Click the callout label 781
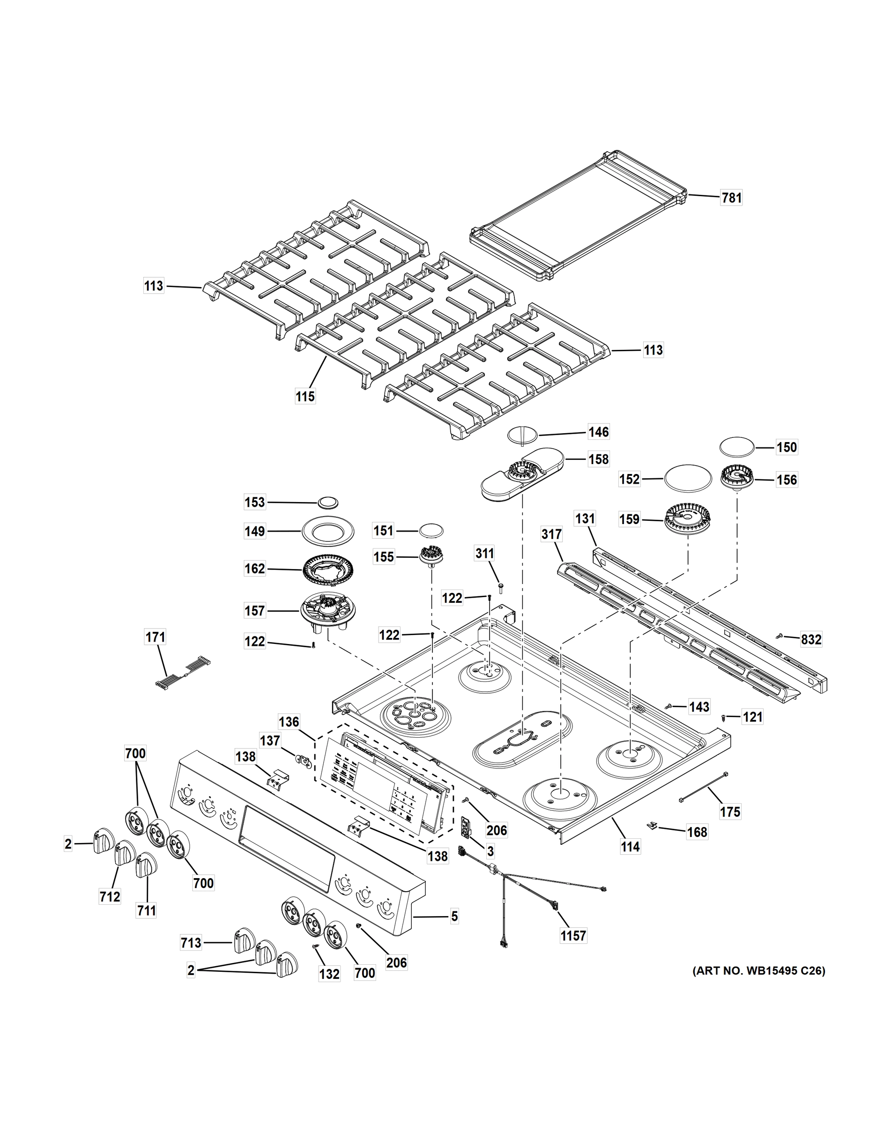point(731,198)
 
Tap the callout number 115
point(305,396)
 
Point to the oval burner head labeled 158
point(521,473)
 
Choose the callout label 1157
point(573,935)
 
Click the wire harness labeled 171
point(183,672)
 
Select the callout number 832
point(811,639)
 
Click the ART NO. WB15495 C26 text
point(758,971)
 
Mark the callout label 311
point(484,553)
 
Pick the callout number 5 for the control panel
point(454,916)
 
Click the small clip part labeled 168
point(652,824)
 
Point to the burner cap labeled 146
point(522,433)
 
